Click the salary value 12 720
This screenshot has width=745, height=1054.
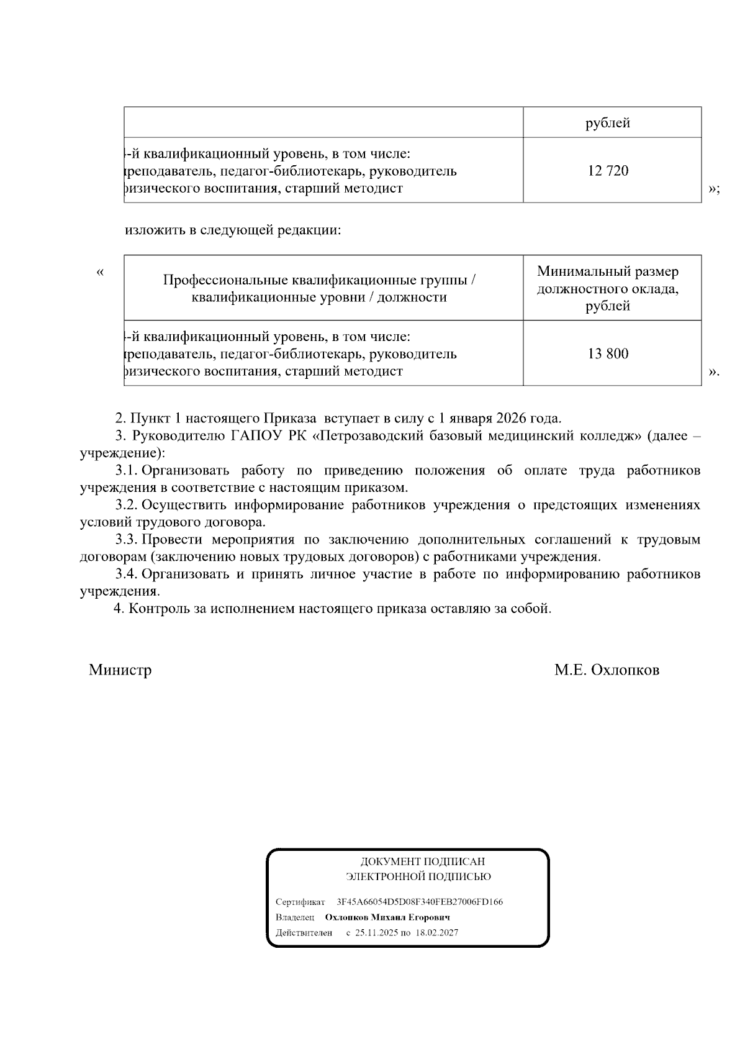click(x=608, y=171)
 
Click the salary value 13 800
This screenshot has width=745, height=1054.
click(x=608, y=354)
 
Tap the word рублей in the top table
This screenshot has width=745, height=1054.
click(x=608, y=123)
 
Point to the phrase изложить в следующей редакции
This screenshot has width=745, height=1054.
click(x=233, y=230)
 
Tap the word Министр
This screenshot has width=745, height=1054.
click(x=120, y=670)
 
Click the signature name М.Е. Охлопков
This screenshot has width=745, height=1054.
click(x=607, y=670)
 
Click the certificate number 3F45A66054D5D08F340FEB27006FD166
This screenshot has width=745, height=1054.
click(x=419, y=902)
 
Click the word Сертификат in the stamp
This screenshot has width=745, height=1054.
click(x=300, y=902)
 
